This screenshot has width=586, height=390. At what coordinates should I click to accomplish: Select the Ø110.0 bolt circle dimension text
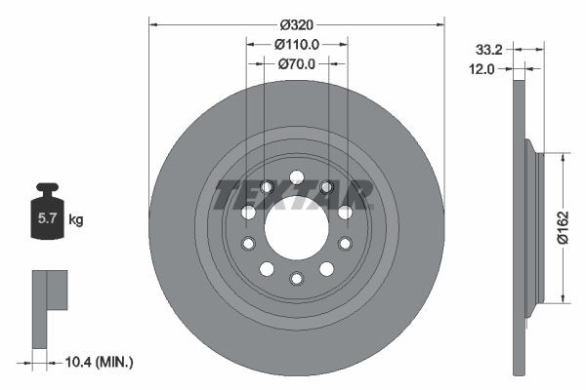(296, 44)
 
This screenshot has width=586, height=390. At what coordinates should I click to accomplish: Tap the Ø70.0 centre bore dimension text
(296, 63)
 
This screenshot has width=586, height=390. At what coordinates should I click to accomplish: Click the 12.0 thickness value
(482, 68)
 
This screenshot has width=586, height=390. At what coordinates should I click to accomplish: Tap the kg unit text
(75, 220)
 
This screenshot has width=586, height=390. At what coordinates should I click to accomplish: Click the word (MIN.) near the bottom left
(113, 363)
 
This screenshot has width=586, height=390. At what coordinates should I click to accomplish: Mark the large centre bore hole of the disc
(296, 234)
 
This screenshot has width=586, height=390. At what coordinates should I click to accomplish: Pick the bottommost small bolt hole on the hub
(296, 279)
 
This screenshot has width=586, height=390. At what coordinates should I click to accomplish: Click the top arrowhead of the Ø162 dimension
(564, 156)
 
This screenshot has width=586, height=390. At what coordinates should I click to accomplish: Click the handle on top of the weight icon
(46, 187)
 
